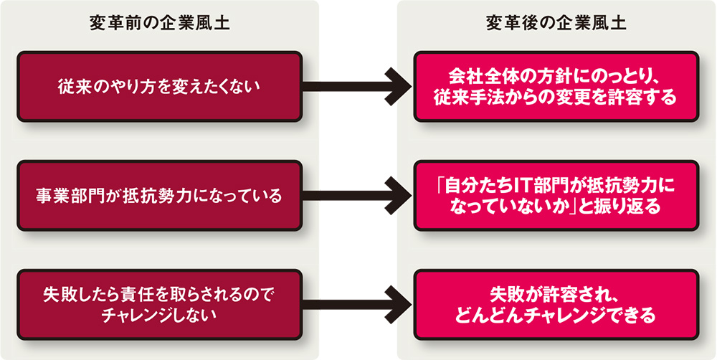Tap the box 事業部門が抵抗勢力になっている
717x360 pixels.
(158, 194)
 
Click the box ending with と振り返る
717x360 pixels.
(556, 194)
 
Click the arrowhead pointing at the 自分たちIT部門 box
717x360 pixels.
(397, 194)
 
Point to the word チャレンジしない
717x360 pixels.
(159, 313)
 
